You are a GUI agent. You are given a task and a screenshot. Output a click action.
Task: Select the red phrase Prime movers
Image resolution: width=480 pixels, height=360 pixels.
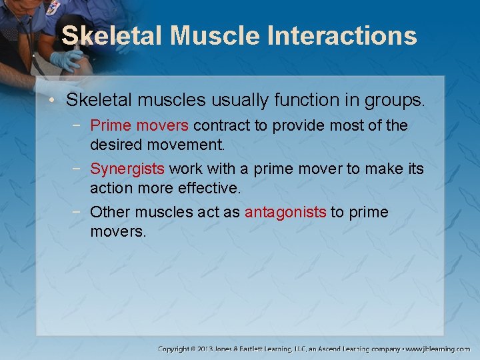[x=139, y=125]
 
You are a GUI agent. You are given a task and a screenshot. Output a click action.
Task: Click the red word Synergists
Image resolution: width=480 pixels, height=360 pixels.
[x=127, y=169]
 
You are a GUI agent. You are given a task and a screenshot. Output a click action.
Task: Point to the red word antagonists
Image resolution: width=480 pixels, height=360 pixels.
[x=285, y=212]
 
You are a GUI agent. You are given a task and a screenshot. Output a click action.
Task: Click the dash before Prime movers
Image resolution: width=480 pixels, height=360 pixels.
[x=80, y=125]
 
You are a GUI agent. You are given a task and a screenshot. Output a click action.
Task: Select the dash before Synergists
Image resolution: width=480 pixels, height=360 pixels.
[x=80, y=169]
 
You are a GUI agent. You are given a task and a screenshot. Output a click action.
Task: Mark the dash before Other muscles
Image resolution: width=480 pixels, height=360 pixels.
[x=80, y=212]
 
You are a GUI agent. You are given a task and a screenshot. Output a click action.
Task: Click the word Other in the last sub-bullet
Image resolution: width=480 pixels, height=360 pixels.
[x=109, y=212]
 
